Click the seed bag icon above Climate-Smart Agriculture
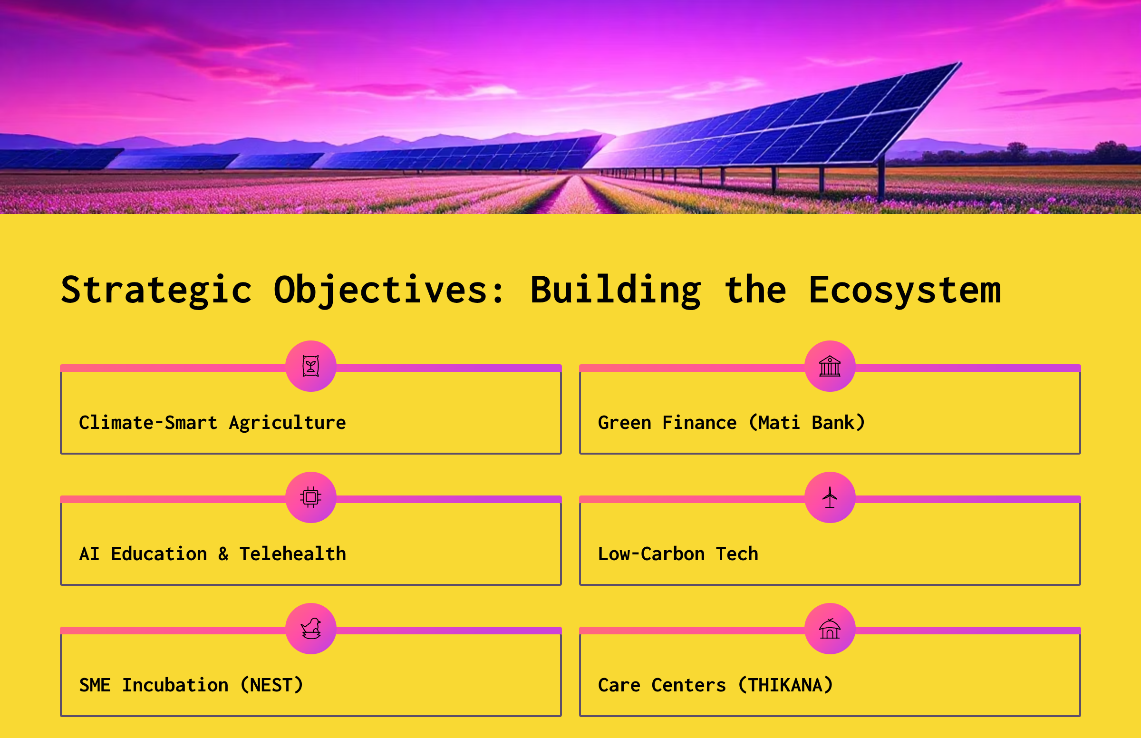pos(311,366)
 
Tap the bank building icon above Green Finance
pos(830,366)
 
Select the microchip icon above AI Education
pos(311,497)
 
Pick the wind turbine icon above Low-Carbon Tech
pos(830,497)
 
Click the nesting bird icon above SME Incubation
pos(311,629)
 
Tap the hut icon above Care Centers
pos(830,629)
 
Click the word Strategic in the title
pos(156,291)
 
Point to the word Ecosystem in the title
pos(905,291)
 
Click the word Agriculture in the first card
pos(288,423)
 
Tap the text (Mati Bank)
pos(807,423)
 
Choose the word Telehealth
pos(293,554)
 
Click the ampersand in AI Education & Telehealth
pos(223,554)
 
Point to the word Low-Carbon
pos(651,554)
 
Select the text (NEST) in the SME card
pos(271,685)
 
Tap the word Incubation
pos(175,685)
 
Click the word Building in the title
pos(616,291)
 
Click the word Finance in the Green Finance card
pos(699,423)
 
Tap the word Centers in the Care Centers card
pos(689,686)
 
